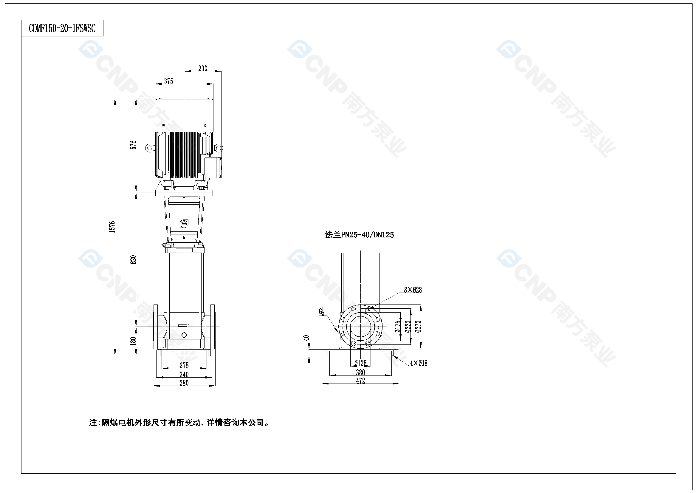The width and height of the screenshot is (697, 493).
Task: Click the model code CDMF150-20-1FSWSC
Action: [x=62, y=29]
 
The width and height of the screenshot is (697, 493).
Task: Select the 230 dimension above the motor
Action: [x=203, y=68]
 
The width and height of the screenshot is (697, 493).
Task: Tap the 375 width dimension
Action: [x=168, y=81]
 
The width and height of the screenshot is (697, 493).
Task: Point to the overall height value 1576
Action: [x=112, y=227]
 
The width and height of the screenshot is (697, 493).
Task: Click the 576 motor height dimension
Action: [x=133, y=145]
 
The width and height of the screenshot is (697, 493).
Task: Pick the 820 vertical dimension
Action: [x=133, y=260]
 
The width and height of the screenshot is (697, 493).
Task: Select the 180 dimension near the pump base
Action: [x=133, y=341]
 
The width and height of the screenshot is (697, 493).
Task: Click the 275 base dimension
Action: [x=184, y=365]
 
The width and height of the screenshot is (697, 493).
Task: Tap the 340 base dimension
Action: [x=184, y=375]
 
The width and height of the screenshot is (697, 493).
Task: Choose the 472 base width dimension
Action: [x=360, y=381]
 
